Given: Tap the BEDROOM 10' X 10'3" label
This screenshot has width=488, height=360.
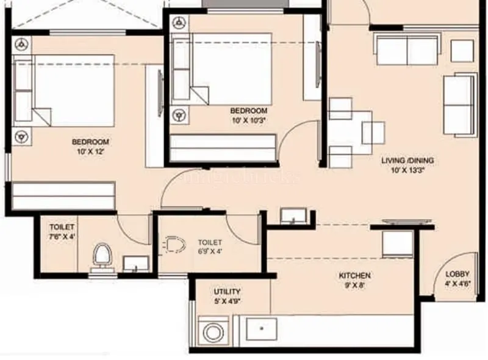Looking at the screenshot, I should click(248, 115).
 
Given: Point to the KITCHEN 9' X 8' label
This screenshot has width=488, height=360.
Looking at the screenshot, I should click(354, 280).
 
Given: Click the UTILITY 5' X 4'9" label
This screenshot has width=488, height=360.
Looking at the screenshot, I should click(227, 296).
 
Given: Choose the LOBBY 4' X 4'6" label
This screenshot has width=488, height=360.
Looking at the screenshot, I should click(457, 279).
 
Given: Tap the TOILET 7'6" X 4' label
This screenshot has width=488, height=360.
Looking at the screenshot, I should click(62, 231).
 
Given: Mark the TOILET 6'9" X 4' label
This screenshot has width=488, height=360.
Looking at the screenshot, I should click(210, 247).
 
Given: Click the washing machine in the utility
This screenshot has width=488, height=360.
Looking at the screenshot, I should click(213, 333).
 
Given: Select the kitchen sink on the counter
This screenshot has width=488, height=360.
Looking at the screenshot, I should click(261, 329).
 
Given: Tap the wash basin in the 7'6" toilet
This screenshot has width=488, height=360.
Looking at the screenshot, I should click(135, 263).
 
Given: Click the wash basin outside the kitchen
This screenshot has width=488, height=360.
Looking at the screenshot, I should click(293, 216).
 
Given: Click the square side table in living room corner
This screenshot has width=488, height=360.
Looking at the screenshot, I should click(462, 51).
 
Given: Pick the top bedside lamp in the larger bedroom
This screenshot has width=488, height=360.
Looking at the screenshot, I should click(22, 44).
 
